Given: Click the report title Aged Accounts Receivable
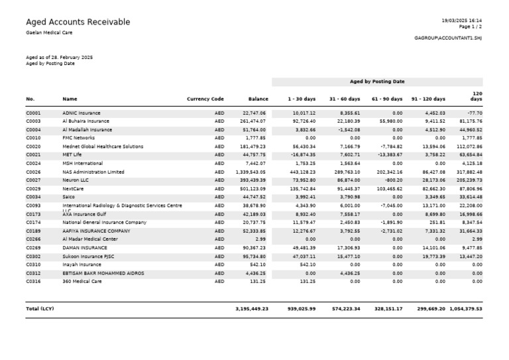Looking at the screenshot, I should point(78,23).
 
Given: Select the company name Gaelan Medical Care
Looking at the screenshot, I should point(50,32).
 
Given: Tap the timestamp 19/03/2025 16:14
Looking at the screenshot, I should point(463,21).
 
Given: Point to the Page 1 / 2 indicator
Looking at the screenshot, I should point(470,27).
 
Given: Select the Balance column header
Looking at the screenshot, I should point(258,99).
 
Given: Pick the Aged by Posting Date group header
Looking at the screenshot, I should point(376,82).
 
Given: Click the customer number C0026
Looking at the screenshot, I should point(33,172).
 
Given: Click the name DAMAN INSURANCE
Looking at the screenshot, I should point(84,248).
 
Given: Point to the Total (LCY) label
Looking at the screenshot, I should point(40,308).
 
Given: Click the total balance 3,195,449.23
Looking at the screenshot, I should point(252,308).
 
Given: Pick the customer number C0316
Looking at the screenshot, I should point(33,281).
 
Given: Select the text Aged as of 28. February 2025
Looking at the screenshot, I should point(59,58).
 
